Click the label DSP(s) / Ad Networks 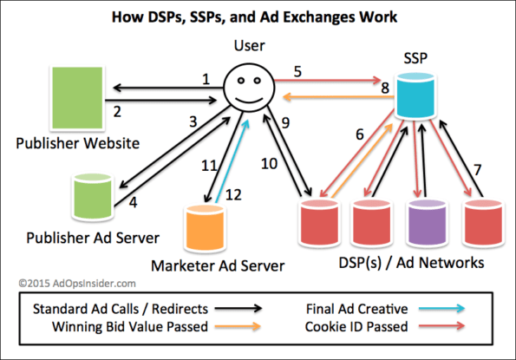[408, 263]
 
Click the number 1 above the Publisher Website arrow [206, 79]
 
